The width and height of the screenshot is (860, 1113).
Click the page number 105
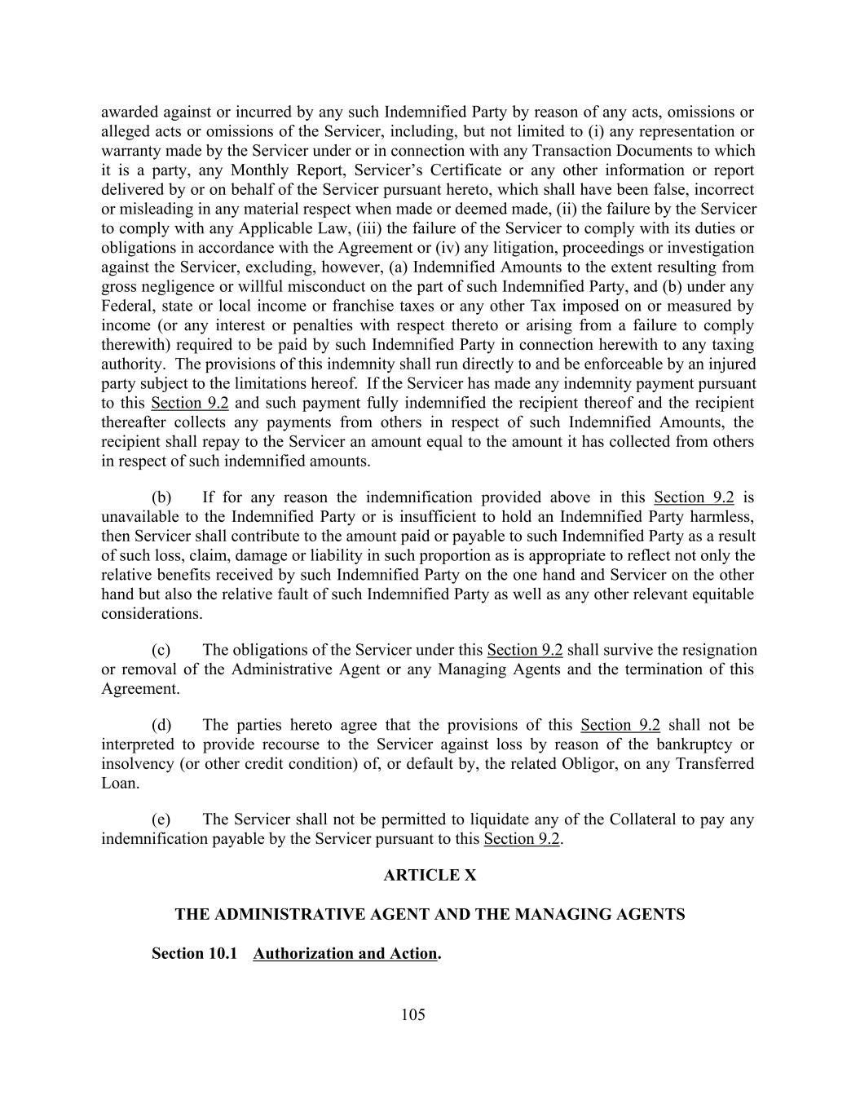[413, 1014]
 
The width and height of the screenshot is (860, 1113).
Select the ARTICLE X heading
[430, 875]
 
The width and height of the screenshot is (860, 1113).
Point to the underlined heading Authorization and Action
[345, 953]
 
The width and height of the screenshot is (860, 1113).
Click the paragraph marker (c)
[161, 650]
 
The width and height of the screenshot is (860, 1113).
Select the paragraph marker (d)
[161, 725]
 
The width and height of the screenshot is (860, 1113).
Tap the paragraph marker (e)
[161, 819]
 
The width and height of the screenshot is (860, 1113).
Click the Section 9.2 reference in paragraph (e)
[522, 839]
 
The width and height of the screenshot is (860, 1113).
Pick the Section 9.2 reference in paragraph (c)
[525, 650]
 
